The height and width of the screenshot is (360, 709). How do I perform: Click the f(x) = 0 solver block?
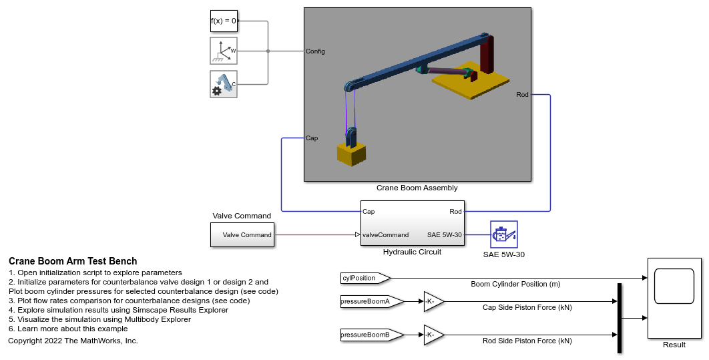(224, 21)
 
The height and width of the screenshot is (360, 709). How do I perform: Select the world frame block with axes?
(224, 51)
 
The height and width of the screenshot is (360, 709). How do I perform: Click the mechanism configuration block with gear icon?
(224, 84)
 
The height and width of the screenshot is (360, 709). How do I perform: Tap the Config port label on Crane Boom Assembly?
(315, 51)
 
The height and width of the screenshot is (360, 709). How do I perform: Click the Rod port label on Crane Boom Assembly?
(522, 95)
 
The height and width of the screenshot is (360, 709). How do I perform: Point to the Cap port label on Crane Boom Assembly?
(312, 138)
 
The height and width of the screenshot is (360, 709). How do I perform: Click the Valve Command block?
(242, 235)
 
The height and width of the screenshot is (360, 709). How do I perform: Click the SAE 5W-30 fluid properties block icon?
(504, 234)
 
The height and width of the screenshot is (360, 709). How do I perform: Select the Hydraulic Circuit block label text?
(412, 252)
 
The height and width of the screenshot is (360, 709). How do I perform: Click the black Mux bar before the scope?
(620, 318)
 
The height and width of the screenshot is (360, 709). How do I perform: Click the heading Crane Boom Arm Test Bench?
(73, 261)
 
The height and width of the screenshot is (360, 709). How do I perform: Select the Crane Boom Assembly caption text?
(417, 188)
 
